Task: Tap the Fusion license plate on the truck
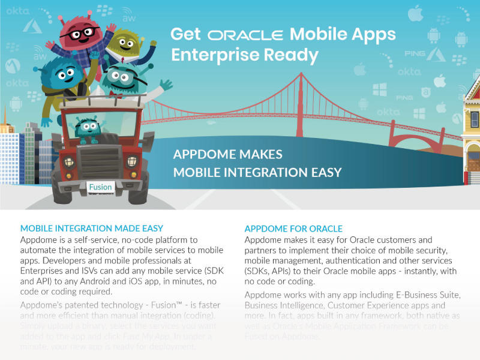coord(100,187)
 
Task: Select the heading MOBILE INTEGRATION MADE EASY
coord(92,229)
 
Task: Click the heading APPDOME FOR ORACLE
coord(293,229)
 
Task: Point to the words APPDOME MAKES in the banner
coord(227,154)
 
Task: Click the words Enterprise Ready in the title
coord(245,55)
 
